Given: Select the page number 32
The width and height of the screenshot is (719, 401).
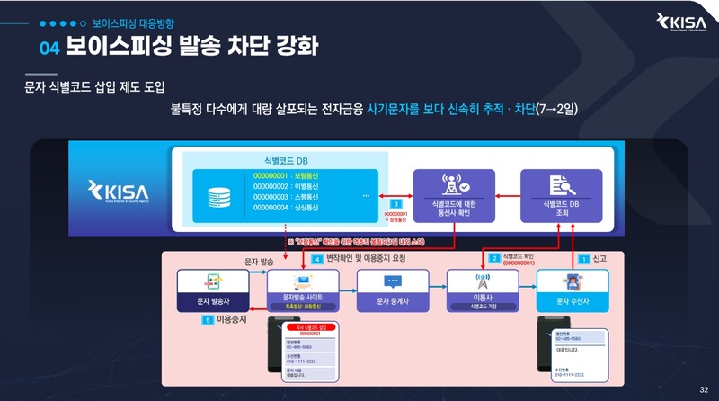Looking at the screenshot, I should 703,388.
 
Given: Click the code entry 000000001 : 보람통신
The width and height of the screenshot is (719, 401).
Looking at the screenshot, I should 287,176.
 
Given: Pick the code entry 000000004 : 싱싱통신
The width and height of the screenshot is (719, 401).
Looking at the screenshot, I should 287,208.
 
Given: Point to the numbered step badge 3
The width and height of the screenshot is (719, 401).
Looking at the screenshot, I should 396,204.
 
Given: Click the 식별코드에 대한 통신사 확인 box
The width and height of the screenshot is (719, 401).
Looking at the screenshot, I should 453,190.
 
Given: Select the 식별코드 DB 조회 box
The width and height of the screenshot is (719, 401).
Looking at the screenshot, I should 560,190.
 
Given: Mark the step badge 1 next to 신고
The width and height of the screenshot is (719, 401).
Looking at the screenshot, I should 582,258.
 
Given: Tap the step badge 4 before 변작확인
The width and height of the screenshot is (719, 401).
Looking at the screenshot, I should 316,258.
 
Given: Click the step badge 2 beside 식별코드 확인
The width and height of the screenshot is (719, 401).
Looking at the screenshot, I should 493,258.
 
